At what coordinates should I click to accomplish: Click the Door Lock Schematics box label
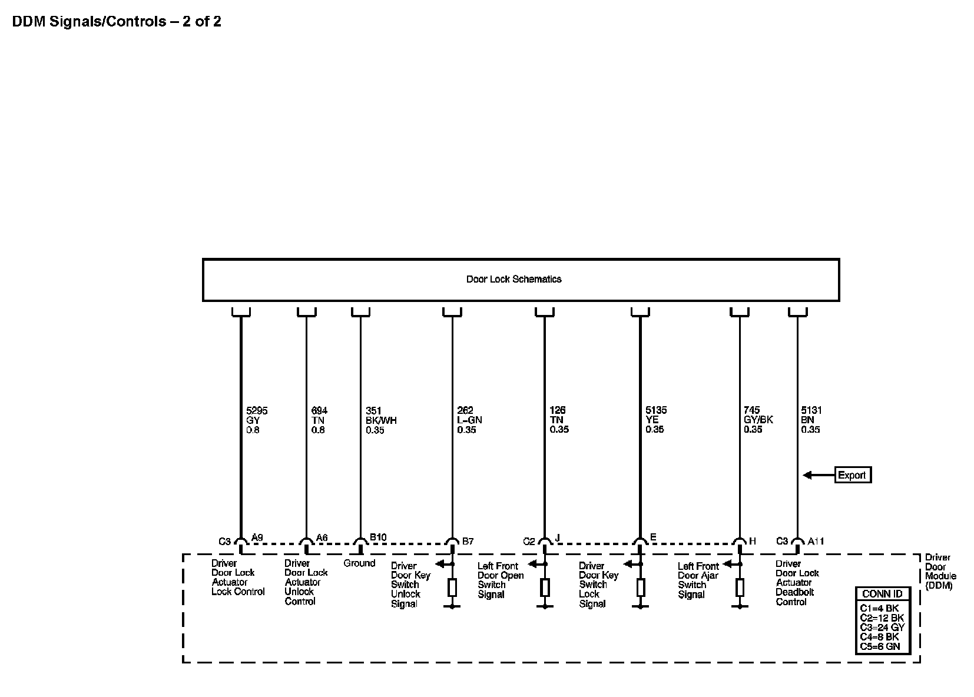(x=513, y=280)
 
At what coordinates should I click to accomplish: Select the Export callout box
(x=852, y=475)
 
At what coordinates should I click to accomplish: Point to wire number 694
(x=319, y=410)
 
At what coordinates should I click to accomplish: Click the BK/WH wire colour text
(x=381, y=420)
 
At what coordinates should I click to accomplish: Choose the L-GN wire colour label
(x=469, y=420)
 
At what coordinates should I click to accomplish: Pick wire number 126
(x=557, y=410)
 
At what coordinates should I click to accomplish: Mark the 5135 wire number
(x=656, y=410)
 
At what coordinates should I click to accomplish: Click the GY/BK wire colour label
(x=758, y=420)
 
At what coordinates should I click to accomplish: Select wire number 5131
(x=811, y=410)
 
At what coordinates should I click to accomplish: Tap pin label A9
(x=257, y=537)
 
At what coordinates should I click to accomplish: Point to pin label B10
(x=378, y=537)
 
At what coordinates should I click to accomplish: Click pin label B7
(x=468, y=541)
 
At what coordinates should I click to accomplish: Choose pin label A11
(x=816, y=541)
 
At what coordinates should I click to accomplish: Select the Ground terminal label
(x=359, y=563)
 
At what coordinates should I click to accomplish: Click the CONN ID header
(x=882, y=594)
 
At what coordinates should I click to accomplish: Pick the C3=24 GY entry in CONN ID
(x=882, y=628)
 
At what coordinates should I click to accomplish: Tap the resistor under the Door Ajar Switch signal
(x=740, y=587)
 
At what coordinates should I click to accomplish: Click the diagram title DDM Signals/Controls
(x=117, y=22)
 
